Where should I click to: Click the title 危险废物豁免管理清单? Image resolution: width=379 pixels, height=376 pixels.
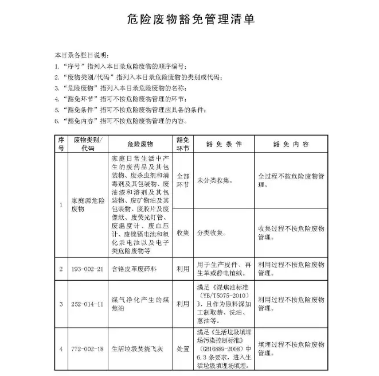[190, 20]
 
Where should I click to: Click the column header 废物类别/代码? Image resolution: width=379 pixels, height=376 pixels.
[87, 144]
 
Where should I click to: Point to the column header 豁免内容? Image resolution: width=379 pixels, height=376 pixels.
[291, 144]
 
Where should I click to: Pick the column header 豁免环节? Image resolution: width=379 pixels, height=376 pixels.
[183, 144]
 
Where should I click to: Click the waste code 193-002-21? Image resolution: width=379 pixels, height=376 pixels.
[87, 269]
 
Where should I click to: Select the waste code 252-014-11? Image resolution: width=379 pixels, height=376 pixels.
[87, 304]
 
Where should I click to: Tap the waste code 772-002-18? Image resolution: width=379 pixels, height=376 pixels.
[87, 348]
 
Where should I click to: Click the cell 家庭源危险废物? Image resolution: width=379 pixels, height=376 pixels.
[87, 206]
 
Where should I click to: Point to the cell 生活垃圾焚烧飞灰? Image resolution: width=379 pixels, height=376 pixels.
[139, 348]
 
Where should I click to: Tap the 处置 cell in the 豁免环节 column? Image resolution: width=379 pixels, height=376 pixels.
[183, 348]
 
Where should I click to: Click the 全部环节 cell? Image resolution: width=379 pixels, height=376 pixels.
[183, 180]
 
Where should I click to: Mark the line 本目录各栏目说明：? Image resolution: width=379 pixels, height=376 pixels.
[81, 56]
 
